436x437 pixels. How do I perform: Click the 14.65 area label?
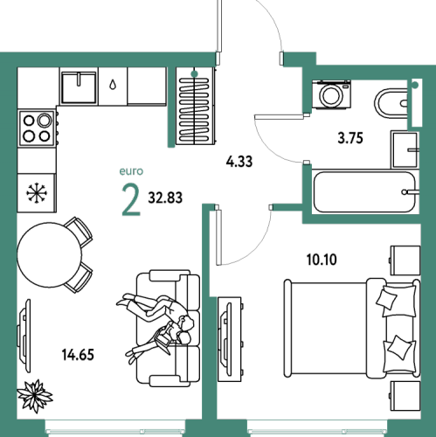[78, 355]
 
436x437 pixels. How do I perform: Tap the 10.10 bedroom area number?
[322, 260]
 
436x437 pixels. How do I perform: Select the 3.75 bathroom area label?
[350, 138]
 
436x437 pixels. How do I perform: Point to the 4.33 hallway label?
[239, 162]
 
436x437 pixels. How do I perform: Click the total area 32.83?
[165, 198]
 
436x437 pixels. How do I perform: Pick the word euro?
[131, 171]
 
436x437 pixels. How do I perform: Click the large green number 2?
[131, 200]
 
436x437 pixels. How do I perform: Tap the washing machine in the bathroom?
[331, 94]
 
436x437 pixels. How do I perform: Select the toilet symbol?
[391, 103]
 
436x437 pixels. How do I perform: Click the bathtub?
[364, 192]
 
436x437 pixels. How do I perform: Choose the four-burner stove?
[37, 128]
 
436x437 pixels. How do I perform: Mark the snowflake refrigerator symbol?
[37, 192]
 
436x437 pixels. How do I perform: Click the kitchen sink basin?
[79, 87]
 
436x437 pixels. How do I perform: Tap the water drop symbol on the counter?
[113, 85]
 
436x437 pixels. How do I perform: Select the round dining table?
[50, 255]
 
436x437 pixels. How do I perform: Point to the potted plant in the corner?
[35, 395]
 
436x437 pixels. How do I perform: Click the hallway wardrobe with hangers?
[195, 107]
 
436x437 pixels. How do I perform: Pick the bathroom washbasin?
[405, 149]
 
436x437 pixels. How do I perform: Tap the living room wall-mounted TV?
[24, 336]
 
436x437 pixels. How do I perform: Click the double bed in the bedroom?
[352, 329]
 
